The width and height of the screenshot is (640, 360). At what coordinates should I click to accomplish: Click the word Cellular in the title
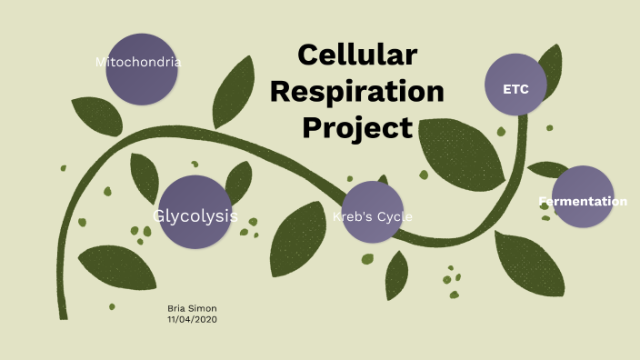(357, 55)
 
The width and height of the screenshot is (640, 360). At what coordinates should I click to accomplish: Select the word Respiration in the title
(357, 91)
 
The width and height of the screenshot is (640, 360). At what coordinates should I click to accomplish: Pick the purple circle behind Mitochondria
(142, 82)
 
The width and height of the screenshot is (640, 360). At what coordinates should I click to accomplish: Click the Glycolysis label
(195, 216)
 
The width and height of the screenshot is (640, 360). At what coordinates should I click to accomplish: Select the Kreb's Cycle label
(373, 217)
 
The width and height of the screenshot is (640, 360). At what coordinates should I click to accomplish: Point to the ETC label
(516, 89)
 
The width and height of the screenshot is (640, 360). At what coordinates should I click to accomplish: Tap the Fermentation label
(583, 201)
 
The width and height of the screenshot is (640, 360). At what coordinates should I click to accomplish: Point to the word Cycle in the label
(395, 217)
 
